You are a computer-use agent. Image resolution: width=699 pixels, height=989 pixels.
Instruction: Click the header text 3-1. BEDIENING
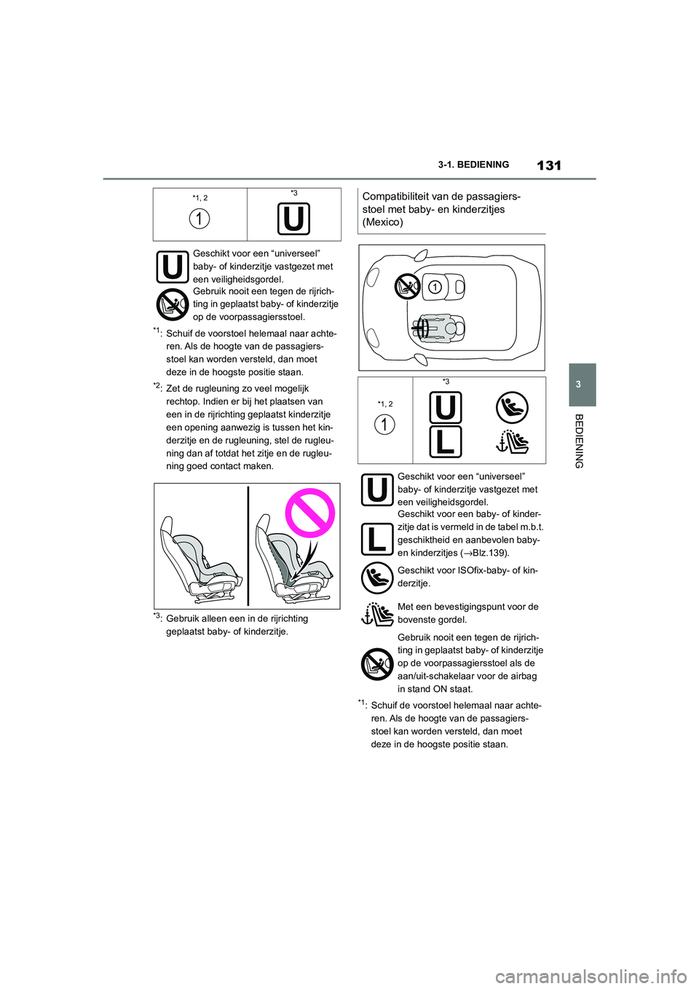(473, 165)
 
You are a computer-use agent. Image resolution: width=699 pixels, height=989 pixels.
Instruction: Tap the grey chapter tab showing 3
(582, 385)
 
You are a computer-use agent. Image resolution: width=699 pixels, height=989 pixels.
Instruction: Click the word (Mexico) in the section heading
(382, 222)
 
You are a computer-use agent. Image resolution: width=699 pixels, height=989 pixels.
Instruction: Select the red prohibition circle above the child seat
(309, 513)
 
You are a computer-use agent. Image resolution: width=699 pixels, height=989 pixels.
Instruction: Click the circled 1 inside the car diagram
(435, 287)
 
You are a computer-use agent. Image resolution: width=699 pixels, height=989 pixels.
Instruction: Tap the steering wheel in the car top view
(422, 329)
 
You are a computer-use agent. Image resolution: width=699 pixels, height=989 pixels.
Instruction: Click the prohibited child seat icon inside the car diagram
(408, 286)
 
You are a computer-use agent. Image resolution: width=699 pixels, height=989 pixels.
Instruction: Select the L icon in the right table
(445, 441)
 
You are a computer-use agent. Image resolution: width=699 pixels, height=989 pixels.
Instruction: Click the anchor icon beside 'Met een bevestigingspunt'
(377, 614)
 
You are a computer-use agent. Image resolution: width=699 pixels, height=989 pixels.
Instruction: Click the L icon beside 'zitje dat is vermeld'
(377, 539)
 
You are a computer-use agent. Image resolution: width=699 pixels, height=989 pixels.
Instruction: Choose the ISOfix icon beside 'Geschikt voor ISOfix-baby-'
(377, 578)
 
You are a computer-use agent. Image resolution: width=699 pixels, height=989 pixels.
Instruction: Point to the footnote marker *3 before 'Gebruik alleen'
(157, 617)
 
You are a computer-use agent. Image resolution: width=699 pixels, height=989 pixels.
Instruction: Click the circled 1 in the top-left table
(200, 218)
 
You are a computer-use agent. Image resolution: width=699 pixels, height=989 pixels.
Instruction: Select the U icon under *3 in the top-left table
(293, 218)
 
